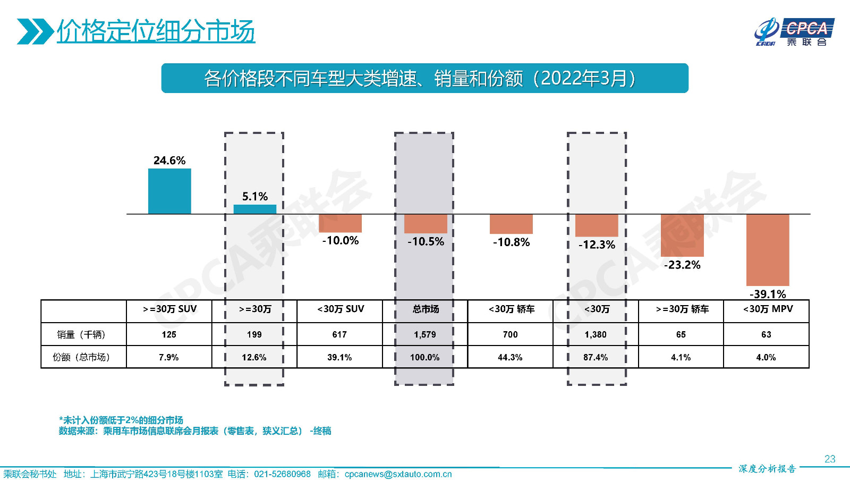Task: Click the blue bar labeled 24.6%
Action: (169, 191)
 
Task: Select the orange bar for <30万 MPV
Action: (768, 250)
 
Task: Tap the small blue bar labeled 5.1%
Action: (255, 209)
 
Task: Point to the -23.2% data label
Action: (682, 265)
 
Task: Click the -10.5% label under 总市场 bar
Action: (426, 241)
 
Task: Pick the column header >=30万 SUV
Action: (169, 309)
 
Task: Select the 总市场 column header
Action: (426, 309)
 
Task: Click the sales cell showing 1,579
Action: (425, 334)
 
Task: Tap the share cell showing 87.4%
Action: (596, 357)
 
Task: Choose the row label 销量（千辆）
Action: (81, 334)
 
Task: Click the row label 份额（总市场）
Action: (81, 357)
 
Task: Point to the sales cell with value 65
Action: (681, 334)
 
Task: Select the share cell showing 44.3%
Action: (510, 357)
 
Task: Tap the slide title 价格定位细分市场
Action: (156, 31)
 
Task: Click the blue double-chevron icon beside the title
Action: (35, 31)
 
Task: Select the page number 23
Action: (830, 459)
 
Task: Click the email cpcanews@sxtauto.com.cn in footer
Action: (398, 474)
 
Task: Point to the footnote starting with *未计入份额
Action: (121, 420)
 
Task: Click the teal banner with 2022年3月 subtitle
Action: (424, 78)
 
